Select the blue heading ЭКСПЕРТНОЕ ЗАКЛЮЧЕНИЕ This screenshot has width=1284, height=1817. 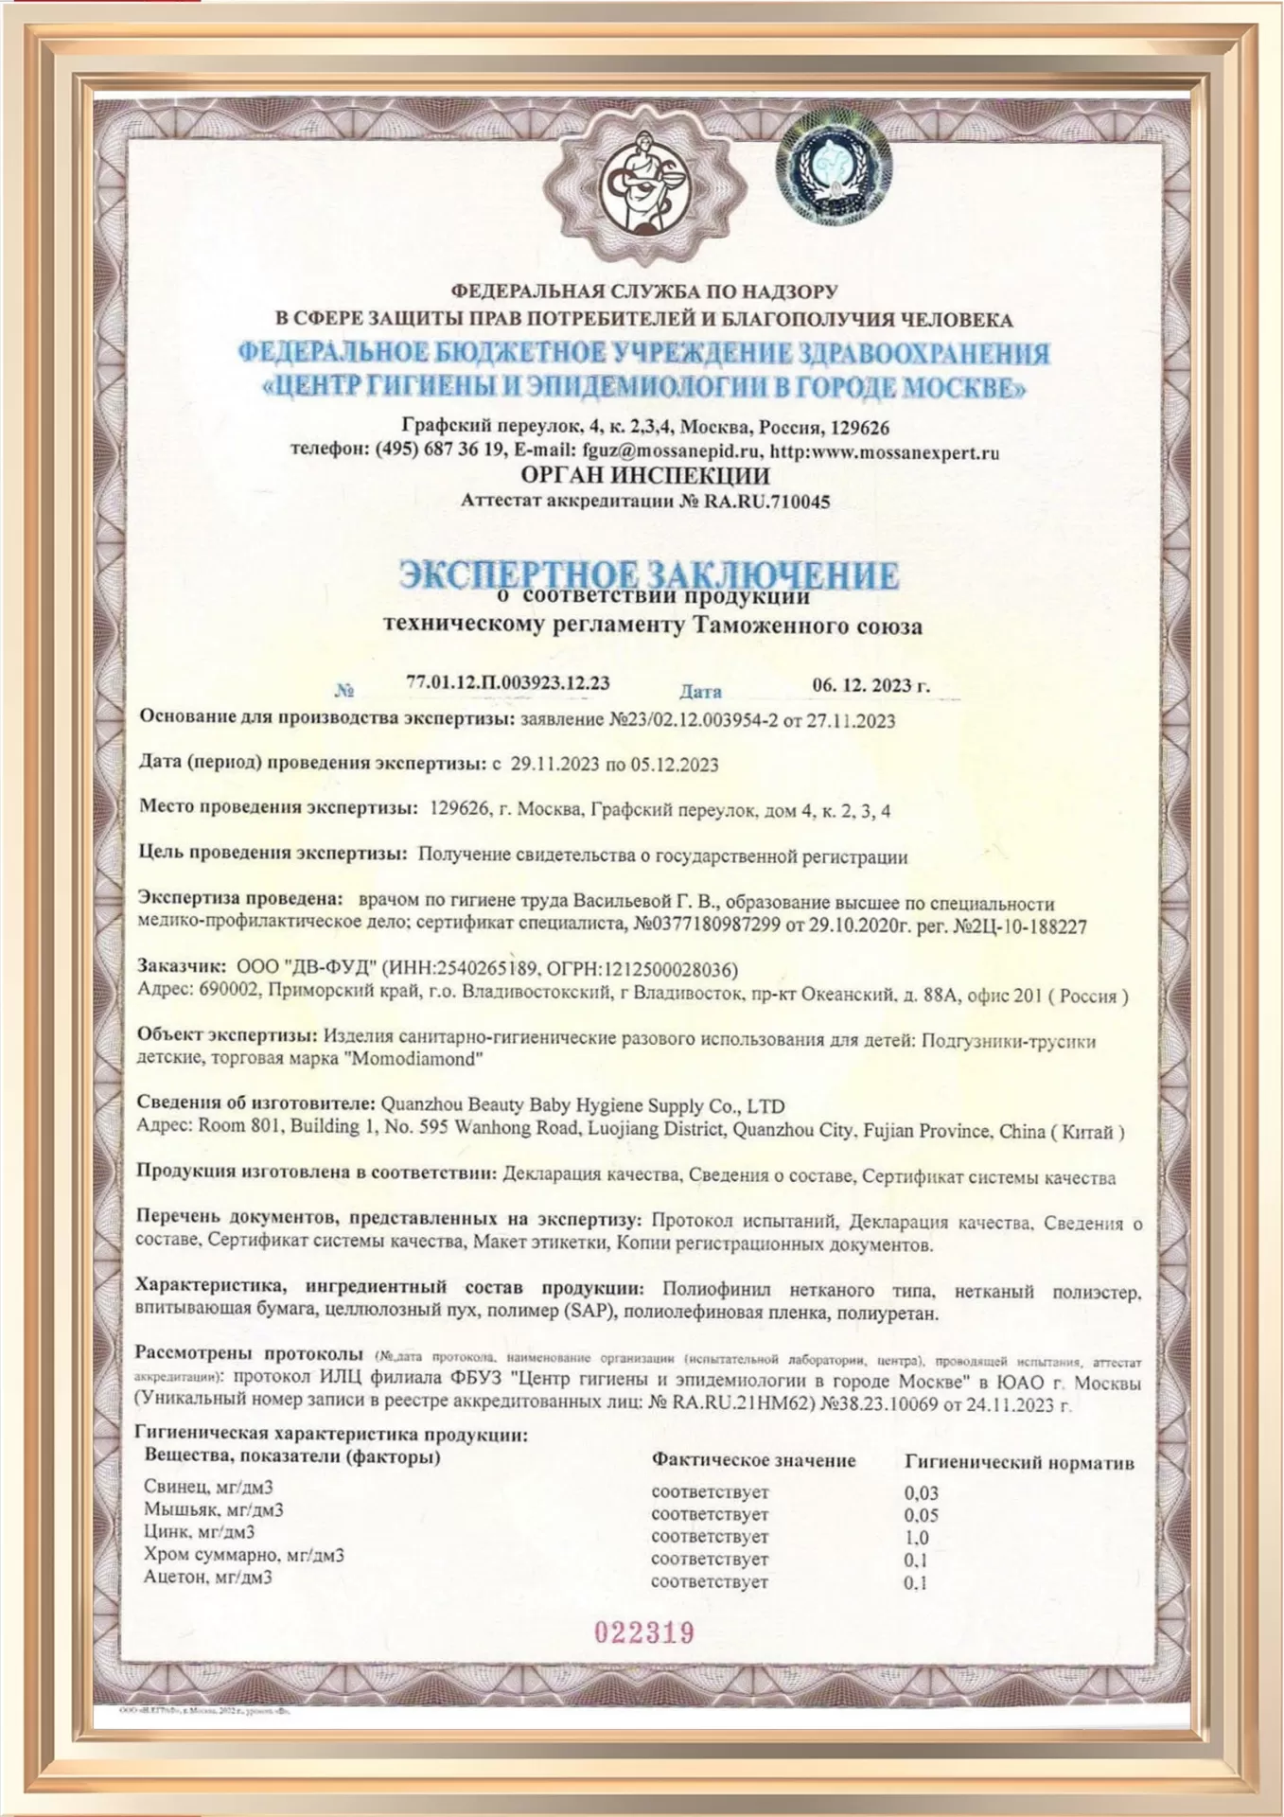point(648,573)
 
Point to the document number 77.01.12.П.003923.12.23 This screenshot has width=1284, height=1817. point(507,682)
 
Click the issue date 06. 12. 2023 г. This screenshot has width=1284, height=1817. point(871,685)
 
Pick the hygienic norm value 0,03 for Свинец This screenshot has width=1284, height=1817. point(922,1492)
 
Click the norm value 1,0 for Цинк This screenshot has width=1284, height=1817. point(917,1537)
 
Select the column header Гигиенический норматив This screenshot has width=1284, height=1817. point(1019,1462)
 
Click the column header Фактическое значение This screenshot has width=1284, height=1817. point(753,1460)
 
